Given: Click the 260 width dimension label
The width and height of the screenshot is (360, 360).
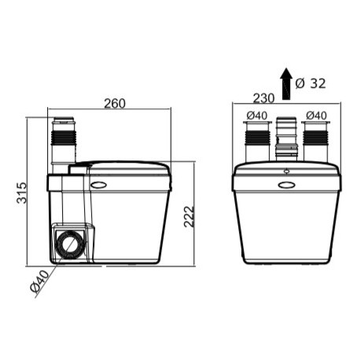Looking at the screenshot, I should click(x=115, y=104).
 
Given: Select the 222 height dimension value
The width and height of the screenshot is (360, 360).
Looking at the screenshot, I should click(x=189, y=213).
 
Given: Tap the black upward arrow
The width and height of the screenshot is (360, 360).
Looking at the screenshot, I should click(x=287, y=83).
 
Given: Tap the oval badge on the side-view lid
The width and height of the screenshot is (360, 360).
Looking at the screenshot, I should click(x=99, y=186).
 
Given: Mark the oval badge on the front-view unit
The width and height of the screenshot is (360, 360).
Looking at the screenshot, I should click(x=286, y=186).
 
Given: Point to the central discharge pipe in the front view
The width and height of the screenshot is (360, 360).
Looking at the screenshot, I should click(x=286, y=141).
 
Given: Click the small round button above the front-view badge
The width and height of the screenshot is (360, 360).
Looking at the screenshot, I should click(x=286, y=168).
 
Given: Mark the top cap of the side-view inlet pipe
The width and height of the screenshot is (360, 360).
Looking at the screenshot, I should click(x=63, y=123).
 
